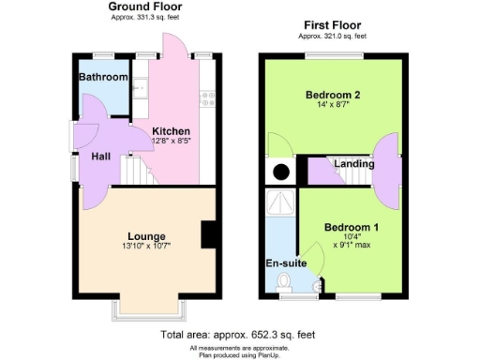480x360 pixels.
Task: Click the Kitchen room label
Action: point(172,131)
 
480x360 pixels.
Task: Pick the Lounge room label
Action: point(148,235)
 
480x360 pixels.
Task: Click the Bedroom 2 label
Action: point(334,96)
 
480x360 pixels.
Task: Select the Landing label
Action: point(354,165)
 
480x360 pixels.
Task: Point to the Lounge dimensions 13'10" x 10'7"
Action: point(148,247)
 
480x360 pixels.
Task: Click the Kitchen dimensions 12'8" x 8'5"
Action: point(172,142)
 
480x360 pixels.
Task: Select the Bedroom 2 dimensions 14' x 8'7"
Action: point(334,107)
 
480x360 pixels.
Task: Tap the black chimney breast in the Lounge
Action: point(209,234)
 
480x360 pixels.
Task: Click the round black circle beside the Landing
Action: point(278,172)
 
